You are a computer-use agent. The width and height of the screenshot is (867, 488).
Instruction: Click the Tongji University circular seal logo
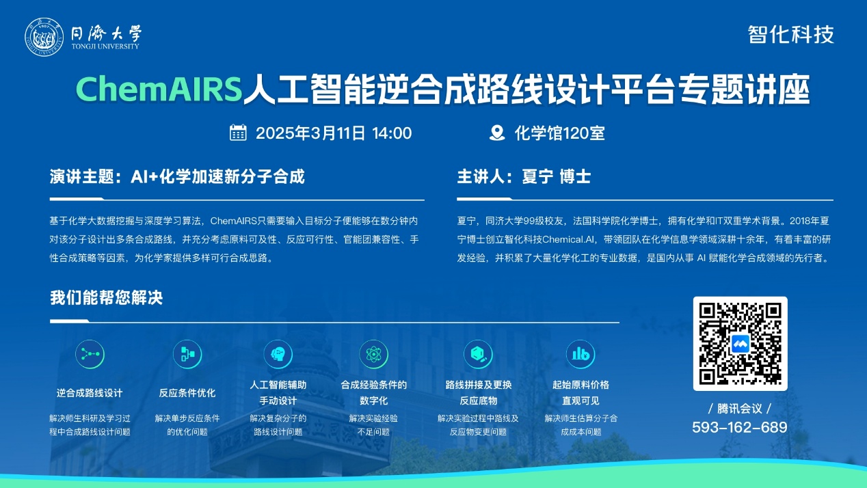point(44,37)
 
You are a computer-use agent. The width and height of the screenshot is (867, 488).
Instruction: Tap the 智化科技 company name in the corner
point(790,35)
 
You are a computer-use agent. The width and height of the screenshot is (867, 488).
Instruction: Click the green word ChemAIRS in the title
point(159,89)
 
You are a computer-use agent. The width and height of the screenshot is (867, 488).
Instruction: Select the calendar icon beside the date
point(238,133)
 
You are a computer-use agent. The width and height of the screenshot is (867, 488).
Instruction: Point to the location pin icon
point(497,133)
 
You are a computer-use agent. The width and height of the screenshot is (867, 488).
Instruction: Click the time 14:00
point(392,133)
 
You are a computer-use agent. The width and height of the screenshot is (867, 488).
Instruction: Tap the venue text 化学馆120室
point(560,133)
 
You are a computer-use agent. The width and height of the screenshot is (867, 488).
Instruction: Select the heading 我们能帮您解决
point(106,297)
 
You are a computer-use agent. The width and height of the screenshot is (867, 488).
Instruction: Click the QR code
point(740,344)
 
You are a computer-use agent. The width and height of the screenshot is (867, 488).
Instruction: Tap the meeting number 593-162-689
point(739,427)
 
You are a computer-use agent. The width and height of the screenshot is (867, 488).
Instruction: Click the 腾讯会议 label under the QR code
point(739,408)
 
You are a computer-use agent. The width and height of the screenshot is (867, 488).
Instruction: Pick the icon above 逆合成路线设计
point(90,354)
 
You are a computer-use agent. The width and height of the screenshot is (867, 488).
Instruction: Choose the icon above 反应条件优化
point(187,354)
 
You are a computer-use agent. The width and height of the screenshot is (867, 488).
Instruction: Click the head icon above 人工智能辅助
point(278,354)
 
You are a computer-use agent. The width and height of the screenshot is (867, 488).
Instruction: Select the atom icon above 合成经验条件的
point(373,354)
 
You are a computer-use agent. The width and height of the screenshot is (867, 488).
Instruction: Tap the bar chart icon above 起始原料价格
point(581,354)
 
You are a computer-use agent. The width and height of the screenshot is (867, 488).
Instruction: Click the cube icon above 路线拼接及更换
point(478,354)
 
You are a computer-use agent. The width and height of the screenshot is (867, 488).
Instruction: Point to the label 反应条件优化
point(187,393)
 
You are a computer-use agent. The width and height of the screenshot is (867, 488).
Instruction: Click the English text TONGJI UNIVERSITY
point(105,46)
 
